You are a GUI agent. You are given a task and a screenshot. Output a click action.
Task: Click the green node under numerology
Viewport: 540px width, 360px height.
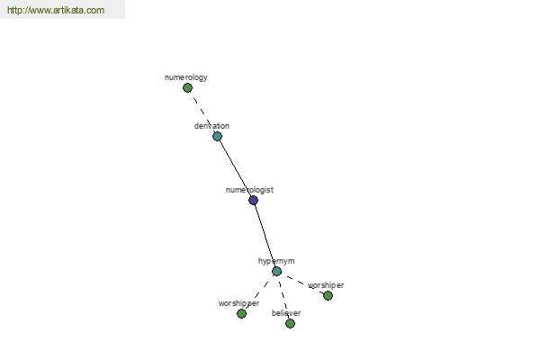coord(187,88)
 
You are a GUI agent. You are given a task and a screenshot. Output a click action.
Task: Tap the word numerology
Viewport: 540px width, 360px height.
coord(186,77)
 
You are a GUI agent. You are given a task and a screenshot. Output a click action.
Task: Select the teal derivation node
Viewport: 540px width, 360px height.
coord(217,137)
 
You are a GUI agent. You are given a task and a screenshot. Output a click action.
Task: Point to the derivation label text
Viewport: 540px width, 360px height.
coord(211,126)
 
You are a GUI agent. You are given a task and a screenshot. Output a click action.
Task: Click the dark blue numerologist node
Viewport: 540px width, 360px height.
coord(253,200)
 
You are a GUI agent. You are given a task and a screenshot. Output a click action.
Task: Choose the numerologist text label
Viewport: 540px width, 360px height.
coord(249,190)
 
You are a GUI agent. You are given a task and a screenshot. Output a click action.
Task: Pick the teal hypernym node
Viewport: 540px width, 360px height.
coord(276,271)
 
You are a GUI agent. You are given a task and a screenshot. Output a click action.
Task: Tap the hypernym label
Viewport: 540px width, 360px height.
coord(276,261)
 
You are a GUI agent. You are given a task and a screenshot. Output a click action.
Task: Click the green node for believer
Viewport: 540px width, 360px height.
coord(290,323)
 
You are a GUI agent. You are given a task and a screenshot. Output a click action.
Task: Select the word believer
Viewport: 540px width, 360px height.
coord(286,313)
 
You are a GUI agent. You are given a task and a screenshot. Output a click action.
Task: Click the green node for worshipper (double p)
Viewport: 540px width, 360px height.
coord(241,313)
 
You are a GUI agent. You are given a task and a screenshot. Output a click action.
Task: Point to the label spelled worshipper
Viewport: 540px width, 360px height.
coord(238,303)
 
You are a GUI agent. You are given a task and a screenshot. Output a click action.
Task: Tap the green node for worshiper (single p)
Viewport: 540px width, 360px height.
coord(328,295)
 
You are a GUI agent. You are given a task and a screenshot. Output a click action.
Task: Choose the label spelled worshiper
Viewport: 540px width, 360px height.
coord(326,285)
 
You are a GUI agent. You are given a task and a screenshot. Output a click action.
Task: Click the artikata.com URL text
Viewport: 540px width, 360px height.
coord(56,10)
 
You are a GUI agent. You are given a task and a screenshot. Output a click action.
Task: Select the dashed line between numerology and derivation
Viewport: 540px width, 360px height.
coord(202,112)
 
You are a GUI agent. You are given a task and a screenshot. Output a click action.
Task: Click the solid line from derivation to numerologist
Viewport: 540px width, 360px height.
coord(235,168)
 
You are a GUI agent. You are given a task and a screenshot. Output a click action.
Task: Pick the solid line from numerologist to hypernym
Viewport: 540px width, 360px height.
coord(265,236)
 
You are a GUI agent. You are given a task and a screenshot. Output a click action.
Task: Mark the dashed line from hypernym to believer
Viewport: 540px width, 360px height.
coord(283,297)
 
